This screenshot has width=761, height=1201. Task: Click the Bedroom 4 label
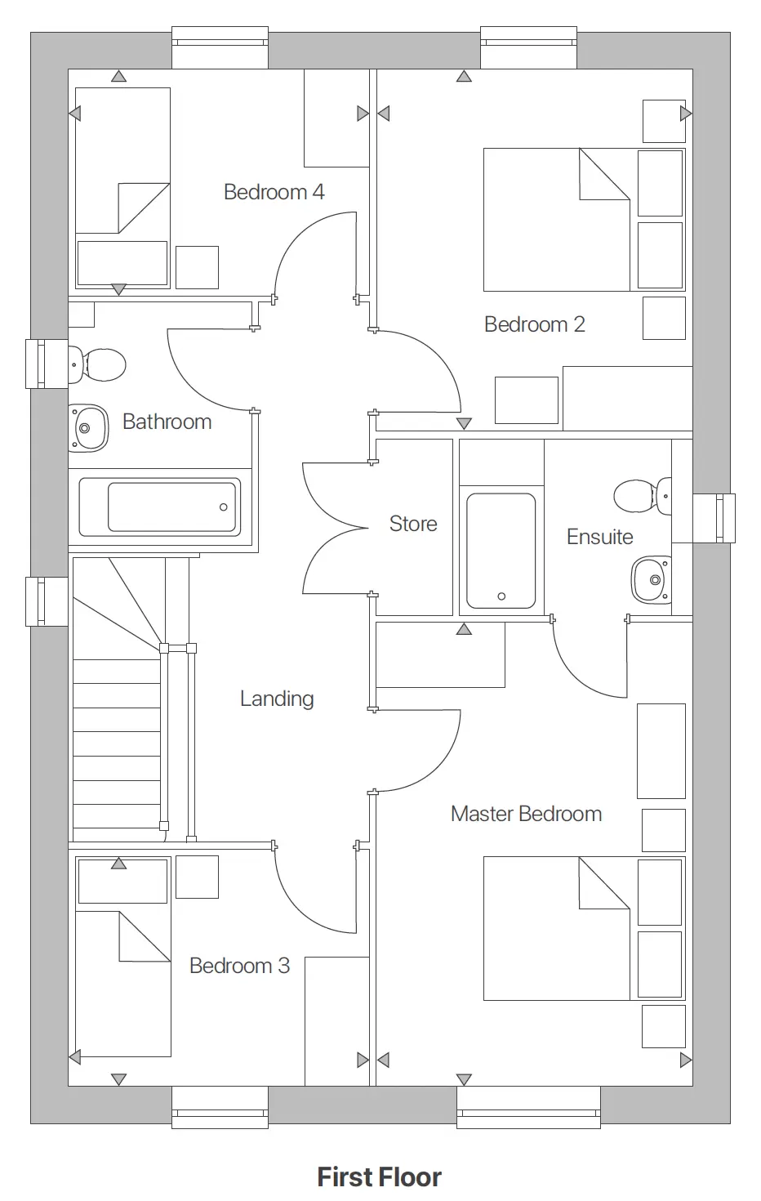(274, 192)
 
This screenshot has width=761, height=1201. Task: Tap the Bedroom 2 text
(534, 324)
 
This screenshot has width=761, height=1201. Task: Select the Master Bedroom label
(526, 814)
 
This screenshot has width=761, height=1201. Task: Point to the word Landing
(277, 699)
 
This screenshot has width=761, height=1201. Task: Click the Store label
(413, 524)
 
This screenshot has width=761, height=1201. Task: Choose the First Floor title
(380, 1177)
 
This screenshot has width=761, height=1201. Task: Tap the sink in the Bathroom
(88, 427)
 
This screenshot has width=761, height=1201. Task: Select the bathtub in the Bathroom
(160, 507)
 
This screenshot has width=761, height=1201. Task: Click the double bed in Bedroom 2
(557, 220)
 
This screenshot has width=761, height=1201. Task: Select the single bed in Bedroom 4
(122, 188)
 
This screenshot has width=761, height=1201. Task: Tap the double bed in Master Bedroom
(557, 928)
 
